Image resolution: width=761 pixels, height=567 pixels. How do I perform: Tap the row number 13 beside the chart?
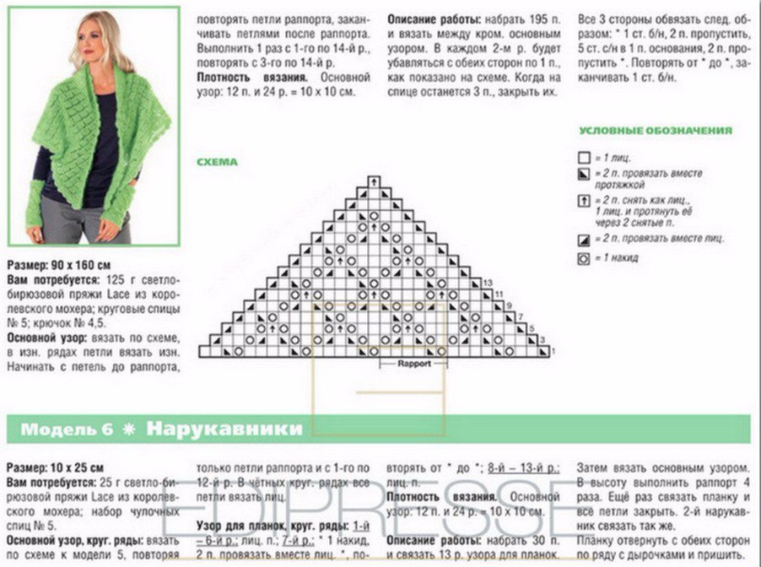tap(488, 282)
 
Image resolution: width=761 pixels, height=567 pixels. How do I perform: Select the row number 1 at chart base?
tap(552, 351)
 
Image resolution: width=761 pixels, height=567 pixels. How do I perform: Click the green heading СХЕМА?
tap(217, 162)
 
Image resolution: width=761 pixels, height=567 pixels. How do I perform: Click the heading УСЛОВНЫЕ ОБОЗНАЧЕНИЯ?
tap(655, 131)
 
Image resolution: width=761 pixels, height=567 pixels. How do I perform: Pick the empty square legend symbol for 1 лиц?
tap(583, 157)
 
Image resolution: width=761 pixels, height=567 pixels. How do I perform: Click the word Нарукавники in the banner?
tap(224, 429)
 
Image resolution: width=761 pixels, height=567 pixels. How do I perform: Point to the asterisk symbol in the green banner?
tap(129, 429)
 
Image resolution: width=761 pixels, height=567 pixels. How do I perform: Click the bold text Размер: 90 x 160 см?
tap(59, 265)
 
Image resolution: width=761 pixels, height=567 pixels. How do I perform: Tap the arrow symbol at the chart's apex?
tap(373, 181)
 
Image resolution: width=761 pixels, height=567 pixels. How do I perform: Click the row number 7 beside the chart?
tap(521, 316)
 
